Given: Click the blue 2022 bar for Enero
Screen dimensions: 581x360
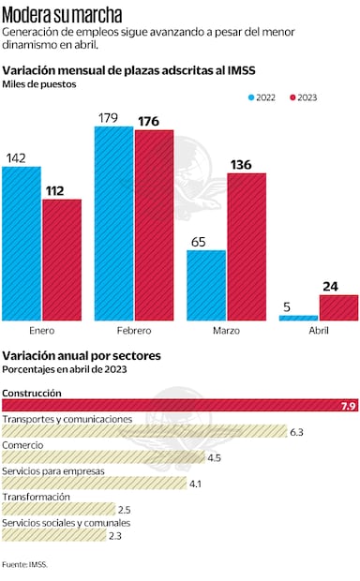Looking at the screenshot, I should point(21,244).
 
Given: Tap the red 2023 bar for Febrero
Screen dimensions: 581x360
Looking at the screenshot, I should point(154,225).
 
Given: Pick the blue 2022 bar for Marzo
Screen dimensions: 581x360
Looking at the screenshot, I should point(206,285).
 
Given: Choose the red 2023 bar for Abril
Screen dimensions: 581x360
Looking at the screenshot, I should point(338,307).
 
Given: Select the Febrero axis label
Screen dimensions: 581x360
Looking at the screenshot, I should point(133,332).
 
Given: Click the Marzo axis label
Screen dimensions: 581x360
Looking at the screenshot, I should point(226,332).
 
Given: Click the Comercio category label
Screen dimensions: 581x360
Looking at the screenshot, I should point(22,444).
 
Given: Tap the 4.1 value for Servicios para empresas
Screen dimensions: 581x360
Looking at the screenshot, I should point(195,484).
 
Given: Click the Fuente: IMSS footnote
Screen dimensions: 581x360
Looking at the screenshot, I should point(24,564).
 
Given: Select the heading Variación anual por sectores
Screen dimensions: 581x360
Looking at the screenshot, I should point(82,355).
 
